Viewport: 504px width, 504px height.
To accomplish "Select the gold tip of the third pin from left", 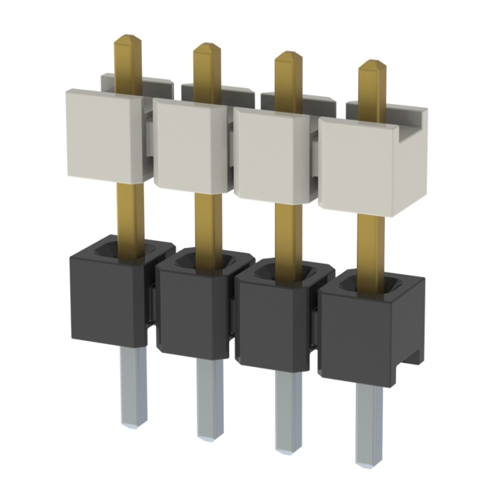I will (287, 60).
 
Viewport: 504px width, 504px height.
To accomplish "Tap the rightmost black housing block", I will (362, 339).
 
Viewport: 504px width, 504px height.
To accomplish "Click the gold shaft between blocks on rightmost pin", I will (370, 244).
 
